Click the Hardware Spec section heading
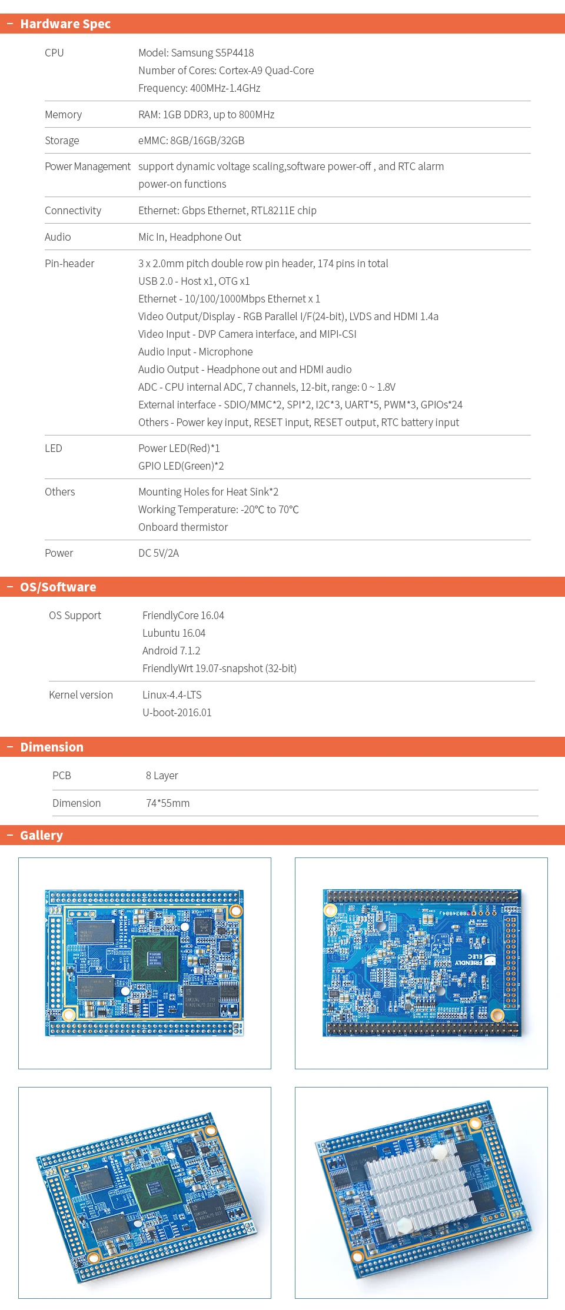(x=65, y=24)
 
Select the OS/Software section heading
(x=58, y=587)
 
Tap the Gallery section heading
(x=41, y=836)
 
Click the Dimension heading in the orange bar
(x=52, y=747)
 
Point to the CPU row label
(x=54, y=53)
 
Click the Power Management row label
(x=88, y=167)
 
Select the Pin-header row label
(x=69, y=264)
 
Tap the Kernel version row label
(x=81, y=695)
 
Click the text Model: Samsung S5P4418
(x=196, y=53)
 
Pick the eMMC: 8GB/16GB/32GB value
(x=191, y=141)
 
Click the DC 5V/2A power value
(x=158, y=553)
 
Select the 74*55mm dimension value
(x=168, y=803)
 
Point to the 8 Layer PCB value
(x=162, y=776)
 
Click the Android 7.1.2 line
(x=171, y=651)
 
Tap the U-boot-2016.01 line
(x=177, y=713)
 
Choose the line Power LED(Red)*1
(x=179, y=448)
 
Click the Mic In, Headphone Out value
(x=190, y=237)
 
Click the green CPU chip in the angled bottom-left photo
(x=155, y=1190)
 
